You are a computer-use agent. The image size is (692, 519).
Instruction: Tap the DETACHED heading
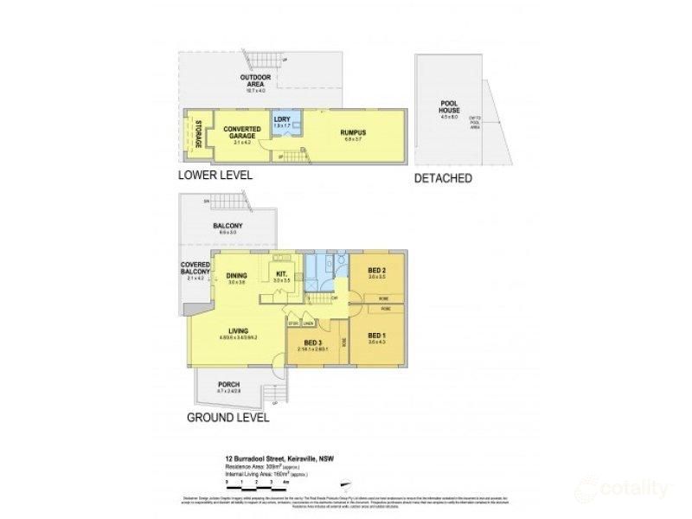pyautogui.click(x=442, y=179)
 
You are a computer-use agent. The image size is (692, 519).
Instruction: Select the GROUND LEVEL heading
pyautogui.click(x=227, y=417)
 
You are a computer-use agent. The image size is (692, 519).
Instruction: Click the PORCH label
pyautogui.click(x=227, y=385)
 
